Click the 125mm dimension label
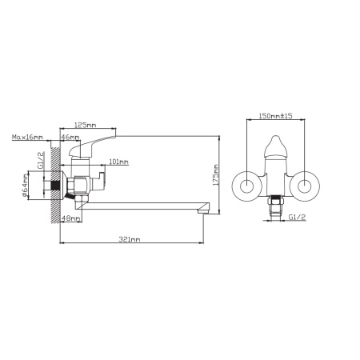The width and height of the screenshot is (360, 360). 85,125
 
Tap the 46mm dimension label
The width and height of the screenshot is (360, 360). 70,137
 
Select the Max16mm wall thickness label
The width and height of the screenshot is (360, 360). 27,137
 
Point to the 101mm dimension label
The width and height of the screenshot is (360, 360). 119,162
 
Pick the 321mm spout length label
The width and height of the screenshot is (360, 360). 130,239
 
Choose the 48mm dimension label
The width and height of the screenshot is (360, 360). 71,218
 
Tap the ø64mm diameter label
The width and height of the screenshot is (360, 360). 25,186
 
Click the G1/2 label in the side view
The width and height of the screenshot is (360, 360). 41,161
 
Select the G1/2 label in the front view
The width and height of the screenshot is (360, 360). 297,217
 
